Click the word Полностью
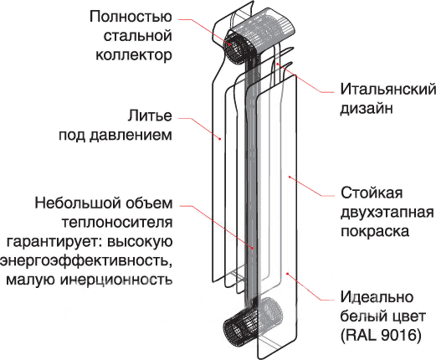[x=131, y=17]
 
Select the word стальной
[x=137, y=36]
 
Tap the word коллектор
[x=134, y=54]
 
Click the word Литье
[x=150, y=116]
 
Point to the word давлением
[x=131, y=135]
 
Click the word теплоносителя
[x=117, y=223]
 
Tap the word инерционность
[x=116, y=280]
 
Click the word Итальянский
[x=388, y=90]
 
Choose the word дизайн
[x=367, y=108]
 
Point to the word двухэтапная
[x=387, y=213]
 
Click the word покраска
[x=375, y=231]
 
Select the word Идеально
[x=377, y=297]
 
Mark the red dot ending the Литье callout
[x=220, y=138]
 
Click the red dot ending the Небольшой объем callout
[x=253, y=248]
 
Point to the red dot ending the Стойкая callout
[x=290, y=177]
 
